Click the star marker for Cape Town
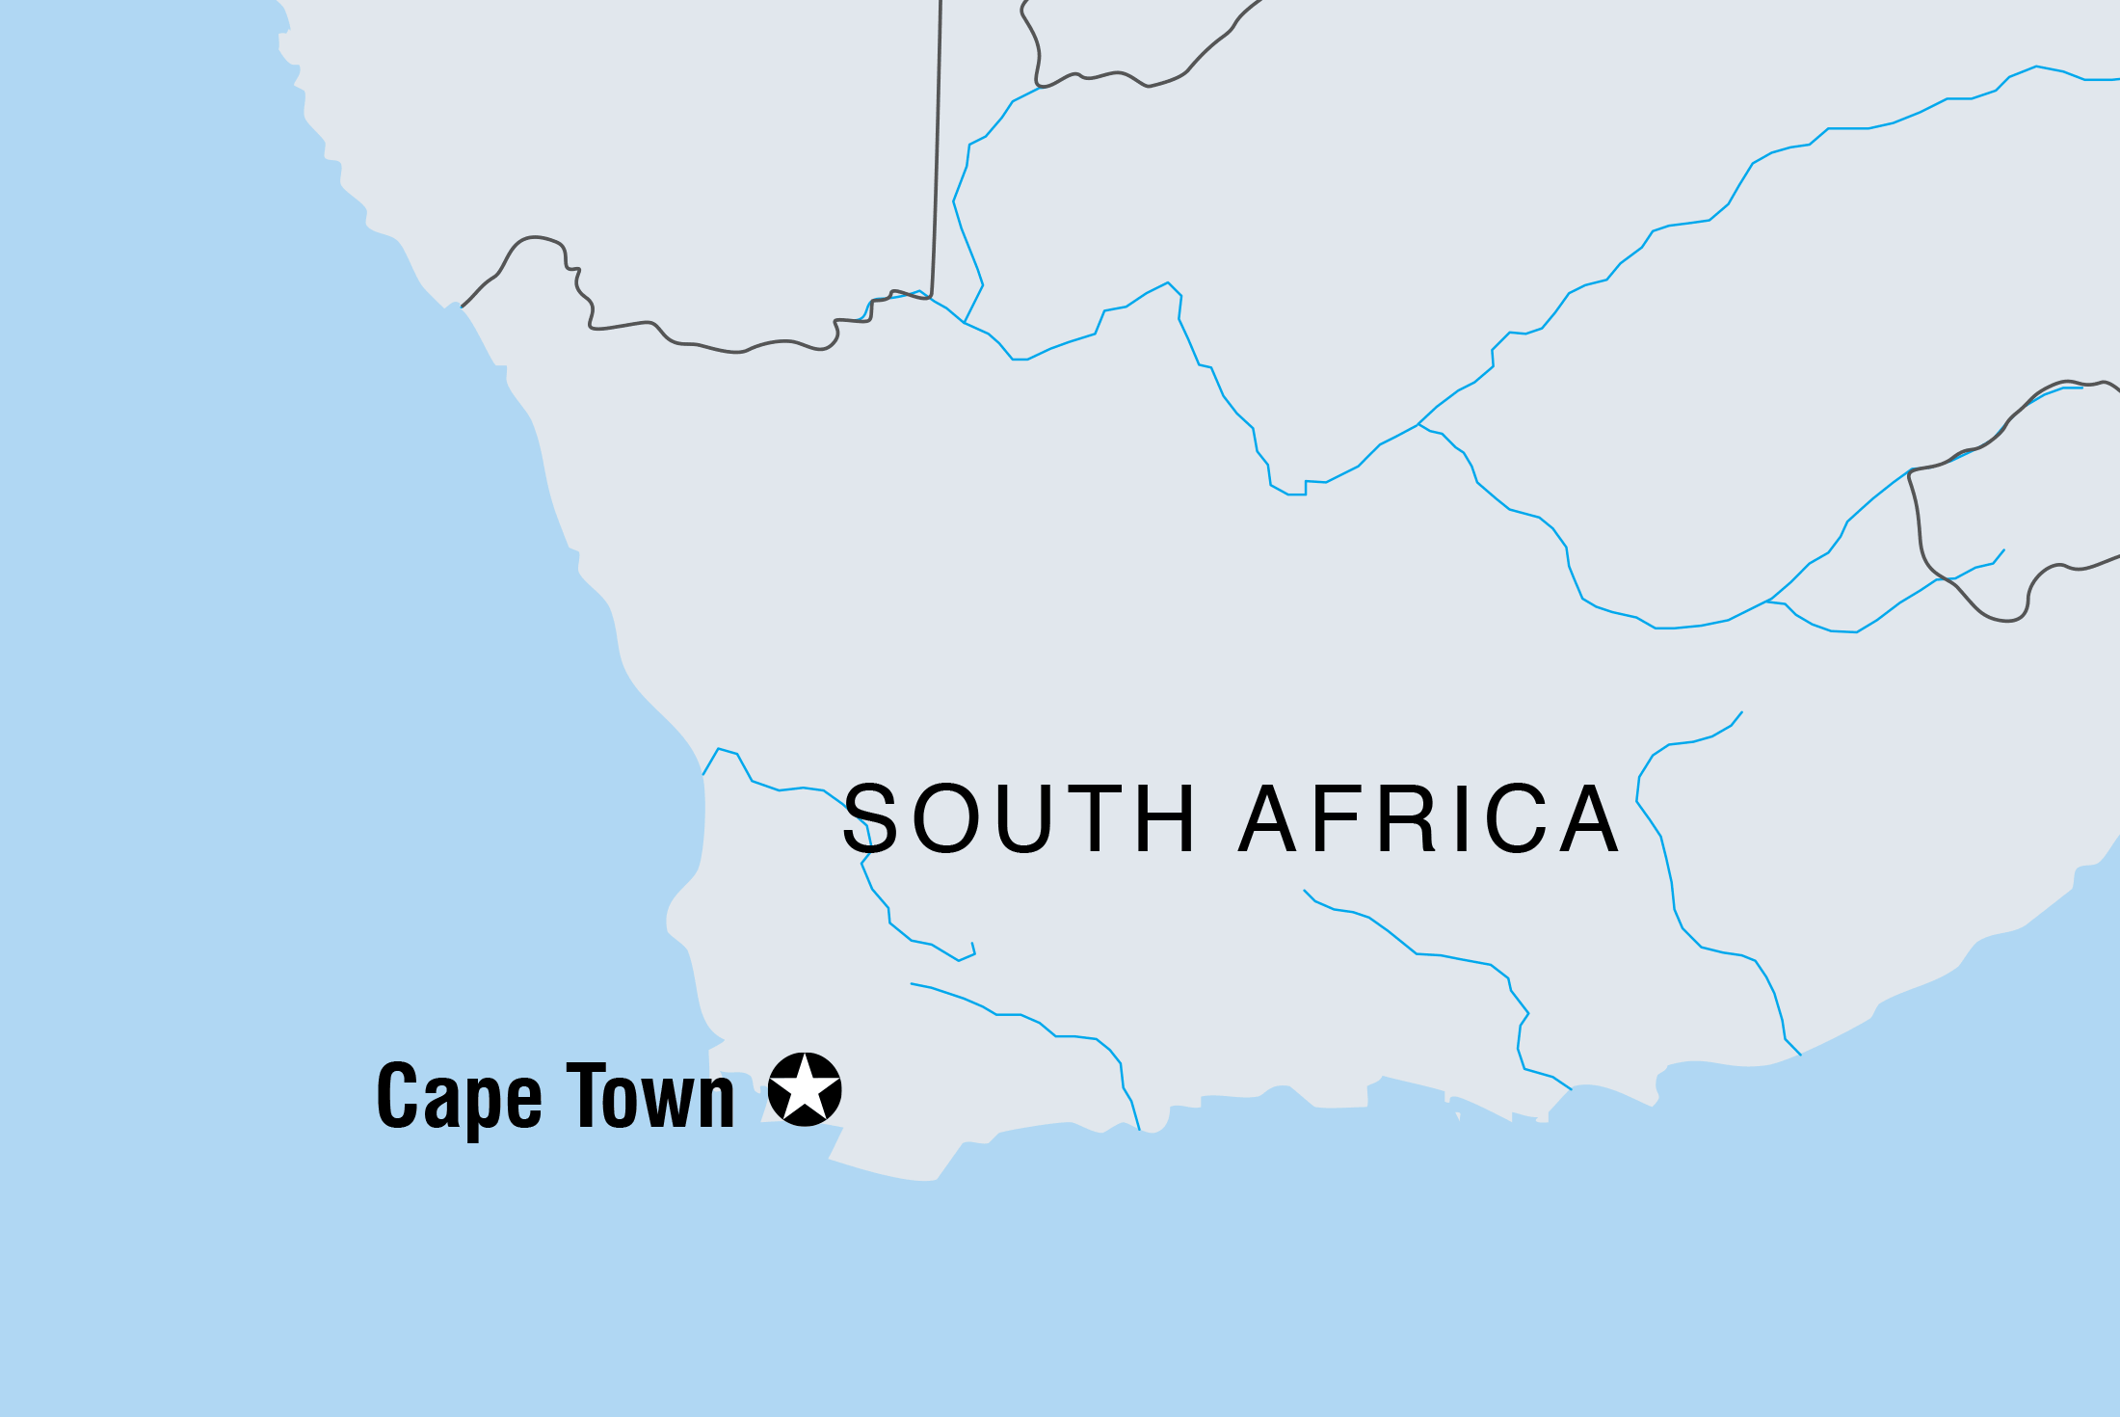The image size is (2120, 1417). [805, 1089]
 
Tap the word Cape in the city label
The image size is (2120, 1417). [460, 1096]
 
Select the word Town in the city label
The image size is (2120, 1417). [650, 1096]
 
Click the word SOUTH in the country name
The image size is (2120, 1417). [1019, 818]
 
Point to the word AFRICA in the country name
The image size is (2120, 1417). [1428, 818]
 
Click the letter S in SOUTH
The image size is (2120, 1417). [870, 818]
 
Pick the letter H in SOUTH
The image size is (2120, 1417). [1167, 818]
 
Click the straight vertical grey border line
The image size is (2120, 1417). [937, 145]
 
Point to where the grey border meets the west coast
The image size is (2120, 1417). [463, 307]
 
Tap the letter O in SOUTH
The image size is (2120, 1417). [944, 818]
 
